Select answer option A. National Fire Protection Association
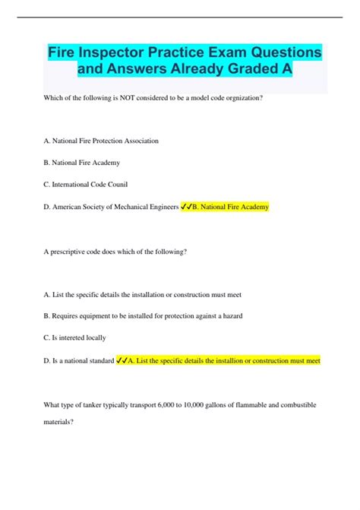click(102, 141)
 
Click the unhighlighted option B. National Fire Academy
click(81, 163)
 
